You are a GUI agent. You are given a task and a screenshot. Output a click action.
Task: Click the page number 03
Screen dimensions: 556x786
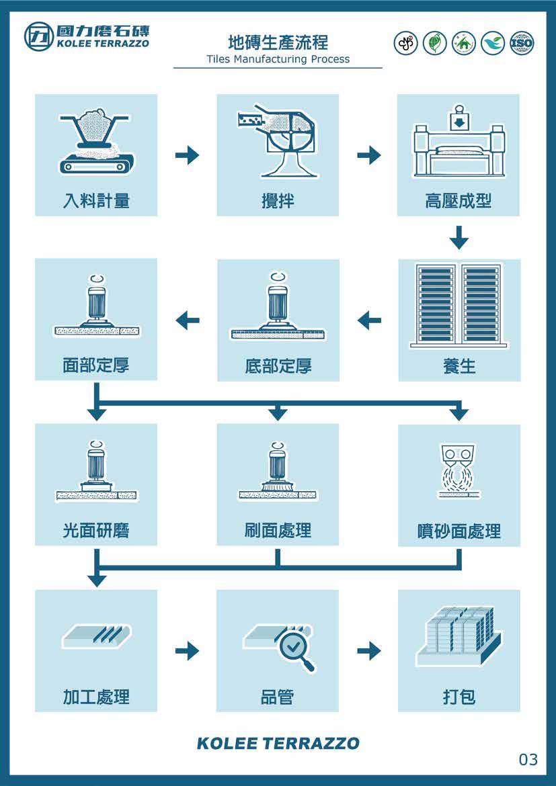(x=528, y=760)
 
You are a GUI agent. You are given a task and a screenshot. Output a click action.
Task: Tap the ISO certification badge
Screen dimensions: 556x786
(x=522, y=44)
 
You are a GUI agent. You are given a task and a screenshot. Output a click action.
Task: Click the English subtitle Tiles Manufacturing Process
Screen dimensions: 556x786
(x=278, y=59)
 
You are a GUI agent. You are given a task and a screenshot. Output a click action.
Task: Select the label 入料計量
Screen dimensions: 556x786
(x=96, y=200)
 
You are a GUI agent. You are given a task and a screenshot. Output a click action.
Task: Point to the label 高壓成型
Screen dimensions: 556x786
(x=459, y=200)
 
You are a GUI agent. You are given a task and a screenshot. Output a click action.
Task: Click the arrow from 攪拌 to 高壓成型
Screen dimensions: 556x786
(x=368, y=156)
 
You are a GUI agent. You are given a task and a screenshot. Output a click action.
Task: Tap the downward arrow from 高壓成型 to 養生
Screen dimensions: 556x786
(x=459, y=237)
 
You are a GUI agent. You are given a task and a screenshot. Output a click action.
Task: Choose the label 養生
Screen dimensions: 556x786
(x=459, y=366)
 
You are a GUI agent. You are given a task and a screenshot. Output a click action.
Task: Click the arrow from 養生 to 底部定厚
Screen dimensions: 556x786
(x=369, y=320)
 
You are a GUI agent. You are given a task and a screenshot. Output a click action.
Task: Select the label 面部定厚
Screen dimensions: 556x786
(x=96, y=365)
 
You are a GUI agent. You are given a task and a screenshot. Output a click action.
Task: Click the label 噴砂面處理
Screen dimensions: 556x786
(x=459, y=532)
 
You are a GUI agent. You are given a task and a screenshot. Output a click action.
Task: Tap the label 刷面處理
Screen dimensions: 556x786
(x=278, y=531)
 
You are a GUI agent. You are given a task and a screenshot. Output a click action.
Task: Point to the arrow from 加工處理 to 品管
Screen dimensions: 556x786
(x=187, y=650)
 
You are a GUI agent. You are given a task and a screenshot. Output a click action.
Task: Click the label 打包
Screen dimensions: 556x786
(x=459, y=697)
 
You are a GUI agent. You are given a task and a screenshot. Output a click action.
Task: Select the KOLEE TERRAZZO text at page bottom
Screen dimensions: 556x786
(x=278, y=744)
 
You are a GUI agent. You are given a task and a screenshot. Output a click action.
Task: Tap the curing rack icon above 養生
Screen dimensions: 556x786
(x=459, y=306)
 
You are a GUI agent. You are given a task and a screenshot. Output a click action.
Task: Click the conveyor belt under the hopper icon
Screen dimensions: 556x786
(x=96, y=163)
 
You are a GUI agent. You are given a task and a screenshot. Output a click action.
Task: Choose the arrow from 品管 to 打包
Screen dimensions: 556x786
(x=368, y=650)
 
